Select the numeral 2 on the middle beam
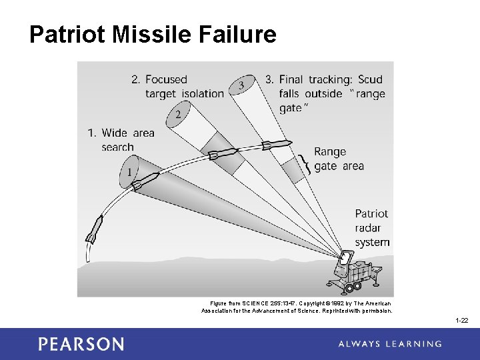[178, 114]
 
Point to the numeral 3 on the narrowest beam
[241, 85]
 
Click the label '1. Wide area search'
[121, 140]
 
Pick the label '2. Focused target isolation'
[177, 87]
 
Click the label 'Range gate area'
[339, 159]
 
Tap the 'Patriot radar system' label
[372, 228]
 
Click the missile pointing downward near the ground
[94, 229]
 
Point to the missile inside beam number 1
[147, 179]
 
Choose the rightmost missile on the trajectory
[275, 144]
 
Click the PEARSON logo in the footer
[81, 344]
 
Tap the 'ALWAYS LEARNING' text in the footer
[390, 344]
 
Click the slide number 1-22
[461, 321]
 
